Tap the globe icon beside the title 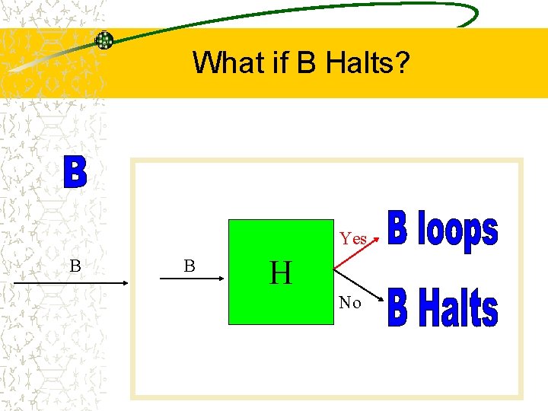click(x=104, y=40)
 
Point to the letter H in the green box click(x=281, y=272)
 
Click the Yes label click(x=353, y=239)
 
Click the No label click(x=350, y=303)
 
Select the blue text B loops click(x=443, y=231)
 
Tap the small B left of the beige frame click(x=75, y=266)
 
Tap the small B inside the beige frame click(x=190, y=266)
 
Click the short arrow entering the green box click(x=193, y=283)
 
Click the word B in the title click(x=307, y=62)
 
